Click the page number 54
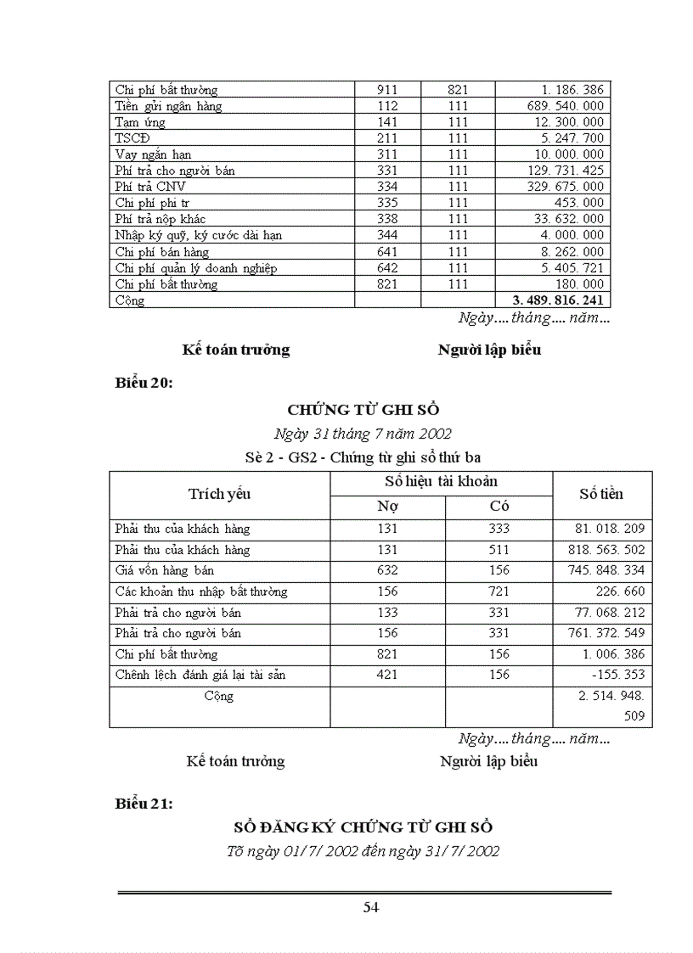[370, 907]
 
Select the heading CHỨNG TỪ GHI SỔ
[363, 409]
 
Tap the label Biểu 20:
[144, 383]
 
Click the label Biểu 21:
[144, 804]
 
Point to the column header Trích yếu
[219, 494]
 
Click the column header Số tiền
[601, 494]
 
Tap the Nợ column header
[387, 507]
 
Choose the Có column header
[499, 507]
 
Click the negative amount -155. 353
[617, 675]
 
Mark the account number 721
[499, 591]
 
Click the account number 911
[387, 90]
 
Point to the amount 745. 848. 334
[604, 570]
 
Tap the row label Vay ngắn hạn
[153, 154]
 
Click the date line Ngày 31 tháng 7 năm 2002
[363, 434]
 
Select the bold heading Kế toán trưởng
[236, 350]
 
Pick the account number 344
[387, 235]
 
